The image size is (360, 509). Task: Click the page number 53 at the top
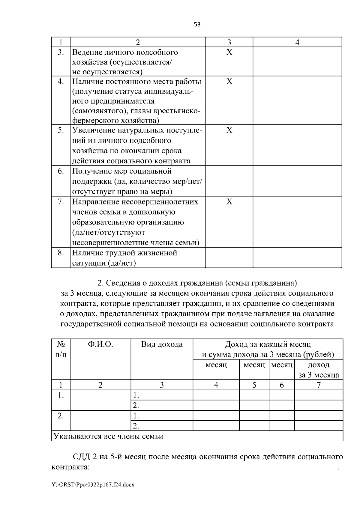[197, 25]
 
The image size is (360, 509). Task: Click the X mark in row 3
[229, 52]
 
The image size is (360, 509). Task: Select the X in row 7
[229, 202]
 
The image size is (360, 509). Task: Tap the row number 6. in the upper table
[61, 171]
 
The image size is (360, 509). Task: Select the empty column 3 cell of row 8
[229, 257]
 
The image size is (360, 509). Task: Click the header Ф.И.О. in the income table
[100, 344]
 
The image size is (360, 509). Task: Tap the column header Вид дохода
[162, 344]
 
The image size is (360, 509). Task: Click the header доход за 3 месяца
[318, 370]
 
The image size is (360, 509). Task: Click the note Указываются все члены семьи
[108, 436]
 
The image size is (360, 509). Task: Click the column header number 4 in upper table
[297, 43]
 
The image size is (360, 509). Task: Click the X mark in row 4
[229, 82]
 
